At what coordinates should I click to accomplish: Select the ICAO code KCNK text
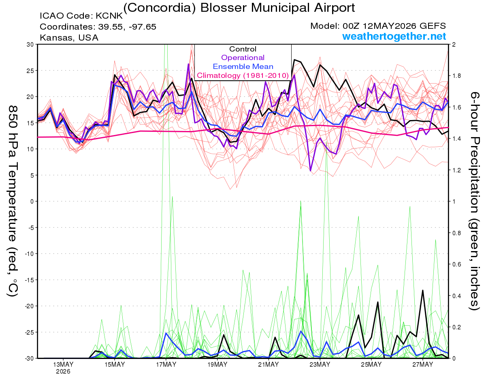click(81, 16)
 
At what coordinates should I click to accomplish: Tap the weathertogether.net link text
click(394, 36)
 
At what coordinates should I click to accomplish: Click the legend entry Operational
click(243, 58)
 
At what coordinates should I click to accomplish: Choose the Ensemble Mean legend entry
click(243, 67)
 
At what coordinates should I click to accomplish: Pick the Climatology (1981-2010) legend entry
click(243, 75)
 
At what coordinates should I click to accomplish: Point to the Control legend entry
click(243, 49)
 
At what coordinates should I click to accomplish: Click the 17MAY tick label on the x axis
click(166, 365)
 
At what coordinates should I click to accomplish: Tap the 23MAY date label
click(320, 365)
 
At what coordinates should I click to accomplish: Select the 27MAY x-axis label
click(423, 365)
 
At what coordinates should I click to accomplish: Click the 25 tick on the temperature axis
click(30, 71)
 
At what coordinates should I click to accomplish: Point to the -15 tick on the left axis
click(29, 280)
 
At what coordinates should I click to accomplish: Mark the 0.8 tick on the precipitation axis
click(455, 233)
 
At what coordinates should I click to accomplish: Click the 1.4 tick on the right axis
click(455, 139)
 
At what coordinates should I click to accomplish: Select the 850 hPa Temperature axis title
click(13, 201)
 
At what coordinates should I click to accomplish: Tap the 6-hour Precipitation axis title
click(474, 201)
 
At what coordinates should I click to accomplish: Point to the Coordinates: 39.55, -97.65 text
click(98, 27)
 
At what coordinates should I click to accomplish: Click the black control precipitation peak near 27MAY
click(423, 290)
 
